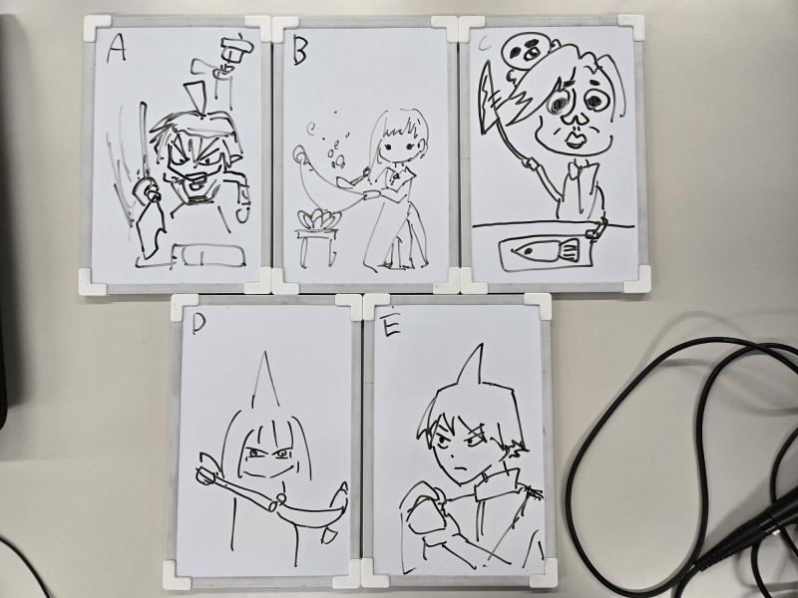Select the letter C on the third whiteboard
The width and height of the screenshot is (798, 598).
486,45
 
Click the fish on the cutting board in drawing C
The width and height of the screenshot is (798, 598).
546,251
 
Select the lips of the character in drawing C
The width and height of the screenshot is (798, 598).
576,140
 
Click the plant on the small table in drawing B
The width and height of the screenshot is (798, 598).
315,219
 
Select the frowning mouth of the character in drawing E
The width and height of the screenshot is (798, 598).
461,467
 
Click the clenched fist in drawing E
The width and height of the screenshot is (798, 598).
423,510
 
